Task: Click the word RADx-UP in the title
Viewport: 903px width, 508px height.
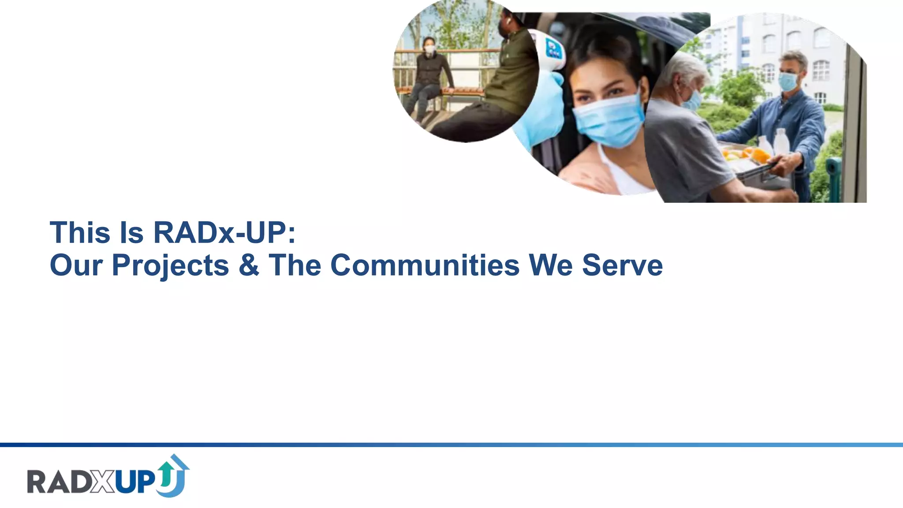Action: click(224, 232)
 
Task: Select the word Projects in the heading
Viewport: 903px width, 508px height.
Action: click(170, 265)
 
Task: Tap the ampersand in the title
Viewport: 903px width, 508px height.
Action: click(249, 265)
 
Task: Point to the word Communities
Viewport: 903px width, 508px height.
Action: click(425, 265)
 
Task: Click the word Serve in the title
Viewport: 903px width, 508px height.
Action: click(622, 265)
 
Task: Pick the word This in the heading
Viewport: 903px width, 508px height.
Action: click(80, 232)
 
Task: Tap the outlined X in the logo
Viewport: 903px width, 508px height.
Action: click(103, 482)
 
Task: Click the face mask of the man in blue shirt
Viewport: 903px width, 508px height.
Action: click(788, 82)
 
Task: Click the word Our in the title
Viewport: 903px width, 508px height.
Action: click(76, 265)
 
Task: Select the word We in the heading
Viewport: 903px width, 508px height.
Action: click(550, 265)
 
